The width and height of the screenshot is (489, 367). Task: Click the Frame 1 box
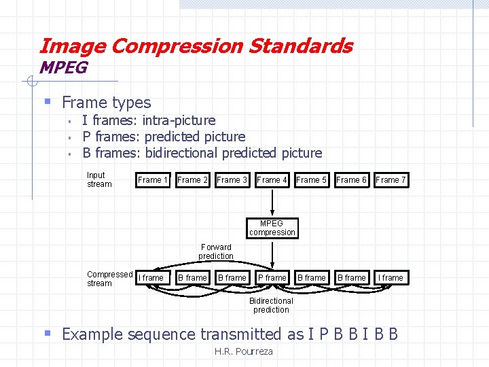tap(153, 180)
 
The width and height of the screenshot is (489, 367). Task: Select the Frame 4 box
tap(272, 180)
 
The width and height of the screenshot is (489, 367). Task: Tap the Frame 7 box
tap(391, 180)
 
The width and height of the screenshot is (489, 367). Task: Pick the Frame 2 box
tap(193, 180)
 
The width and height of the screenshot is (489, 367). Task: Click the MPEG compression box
tap(272, 228)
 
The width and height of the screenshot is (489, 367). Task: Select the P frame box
tap(272, 278)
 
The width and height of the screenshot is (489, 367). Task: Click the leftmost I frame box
tap(151, 278)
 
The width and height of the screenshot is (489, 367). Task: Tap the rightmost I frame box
tap(391, 278)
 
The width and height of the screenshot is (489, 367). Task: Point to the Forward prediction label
tap(216, 251)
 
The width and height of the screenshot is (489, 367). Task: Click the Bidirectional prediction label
tap(271, 305)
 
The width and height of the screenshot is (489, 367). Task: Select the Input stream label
tap(99, 179)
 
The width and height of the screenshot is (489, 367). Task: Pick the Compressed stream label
tap(109, 279)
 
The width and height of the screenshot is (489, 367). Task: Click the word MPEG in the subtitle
tap(63, 68)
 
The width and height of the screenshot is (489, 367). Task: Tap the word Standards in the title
tap(300, 46)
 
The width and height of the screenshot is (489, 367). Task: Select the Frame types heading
tap(106, 103)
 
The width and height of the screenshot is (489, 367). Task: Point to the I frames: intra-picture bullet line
tap(148, 120)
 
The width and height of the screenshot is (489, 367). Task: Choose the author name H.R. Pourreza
tap(243, 351)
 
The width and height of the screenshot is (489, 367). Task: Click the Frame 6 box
tap(351, 180)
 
